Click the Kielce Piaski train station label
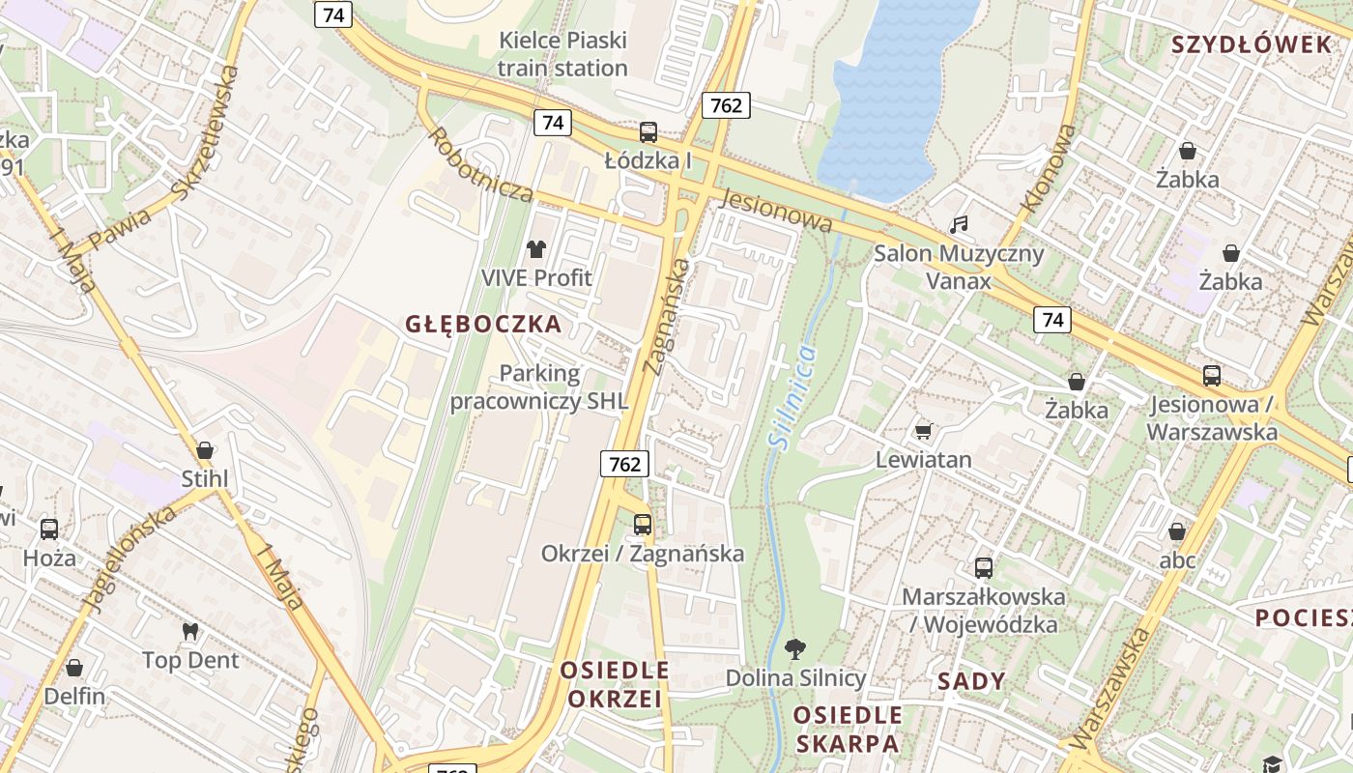562,54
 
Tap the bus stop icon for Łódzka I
648,132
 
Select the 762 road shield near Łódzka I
726,105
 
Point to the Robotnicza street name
480,165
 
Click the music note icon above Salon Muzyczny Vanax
959,225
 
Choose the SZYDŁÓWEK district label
1252,44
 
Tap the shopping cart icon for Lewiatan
923,431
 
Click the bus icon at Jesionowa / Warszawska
1212,376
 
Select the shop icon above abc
1177,531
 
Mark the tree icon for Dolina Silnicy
795,648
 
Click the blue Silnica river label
792,395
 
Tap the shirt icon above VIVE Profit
536,249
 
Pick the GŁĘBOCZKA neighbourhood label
483,324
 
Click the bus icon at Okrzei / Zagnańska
643,525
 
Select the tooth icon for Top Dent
190,631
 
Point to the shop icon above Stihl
205,450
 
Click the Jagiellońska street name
130,559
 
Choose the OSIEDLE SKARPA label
848,730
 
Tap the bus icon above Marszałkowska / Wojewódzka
984,568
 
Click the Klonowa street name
1049,168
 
